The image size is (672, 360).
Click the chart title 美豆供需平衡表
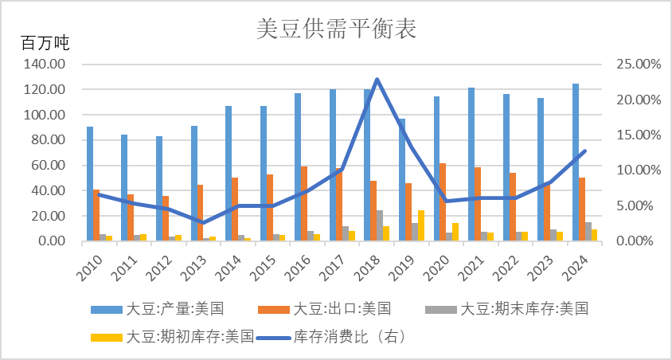click(337, 29)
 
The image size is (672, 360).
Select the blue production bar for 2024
click(576, 162)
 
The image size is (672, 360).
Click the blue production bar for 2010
click(90, 183)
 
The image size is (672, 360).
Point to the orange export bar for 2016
click(303, 203)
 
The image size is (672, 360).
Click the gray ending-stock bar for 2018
click(379, 225)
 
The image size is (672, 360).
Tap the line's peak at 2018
click(377, 79)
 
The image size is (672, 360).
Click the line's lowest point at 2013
click(202, 223)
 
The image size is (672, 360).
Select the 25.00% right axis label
click(638, 65)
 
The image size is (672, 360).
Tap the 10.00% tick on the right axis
click(638, 170)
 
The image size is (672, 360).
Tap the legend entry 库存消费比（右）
click(350, 336)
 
